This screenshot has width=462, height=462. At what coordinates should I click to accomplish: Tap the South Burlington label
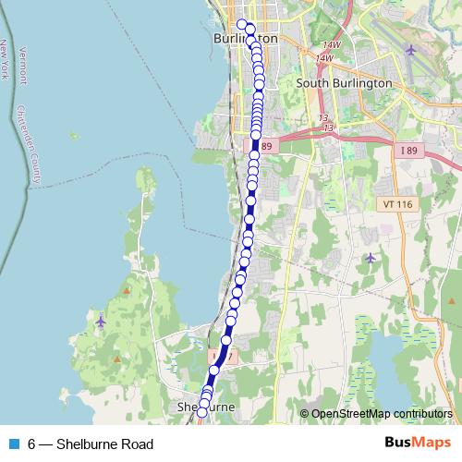(344, 83)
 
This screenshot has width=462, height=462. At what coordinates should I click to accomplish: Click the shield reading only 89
(267, 146)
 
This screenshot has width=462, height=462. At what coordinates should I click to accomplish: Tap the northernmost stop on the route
(242, 25)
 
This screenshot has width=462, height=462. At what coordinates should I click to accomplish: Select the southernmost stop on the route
(201, 412)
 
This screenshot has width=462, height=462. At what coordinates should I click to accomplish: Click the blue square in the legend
(13, 444)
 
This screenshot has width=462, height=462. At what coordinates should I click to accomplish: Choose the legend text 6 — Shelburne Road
(91, 444)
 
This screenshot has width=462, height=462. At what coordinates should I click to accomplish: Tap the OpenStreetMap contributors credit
(381, 414)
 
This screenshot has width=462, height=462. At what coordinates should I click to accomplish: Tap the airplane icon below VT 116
(370, 258)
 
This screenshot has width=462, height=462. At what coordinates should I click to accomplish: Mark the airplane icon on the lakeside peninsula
(101, 321)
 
